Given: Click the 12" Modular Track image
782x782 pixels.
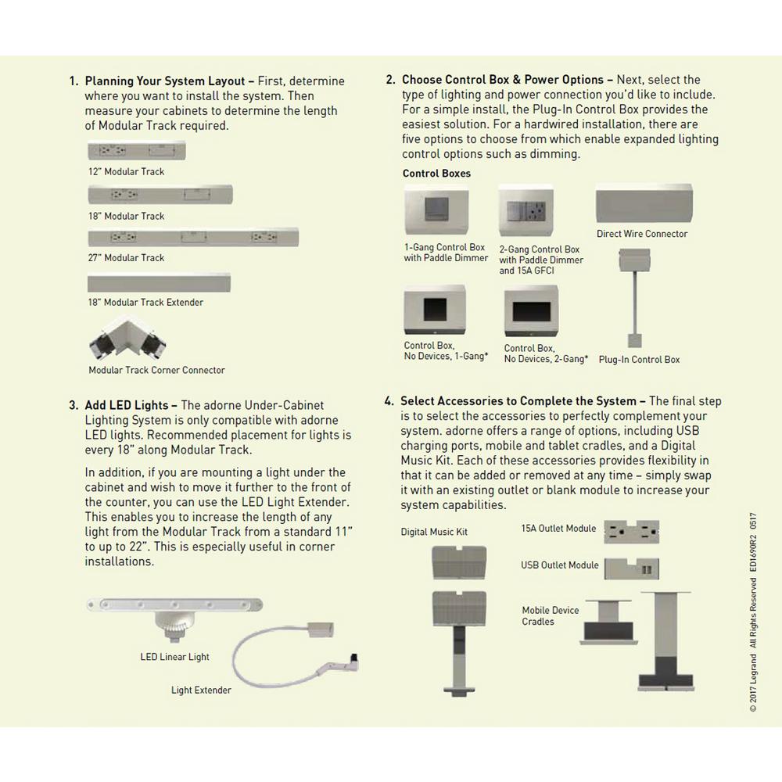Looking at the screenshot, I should [x=137, y=150].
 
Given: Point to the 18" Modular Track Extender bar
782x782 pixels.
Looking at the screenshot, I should [x=160, y=282].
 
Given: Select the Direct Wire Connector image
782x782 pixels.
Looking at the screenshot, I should [x=644, y=203].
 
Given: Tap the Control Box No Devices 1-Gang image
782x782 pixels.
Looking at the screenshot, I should [x=435, y=311].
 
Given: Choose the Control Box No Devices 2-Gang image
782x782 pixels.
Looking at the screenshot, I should [x=531, y=314].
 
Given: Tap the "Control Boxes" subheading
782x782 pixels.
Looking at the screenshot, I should [x=436, y=173].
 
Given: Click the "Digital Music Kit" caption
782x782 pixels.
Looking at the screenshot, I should [x=434, y=532].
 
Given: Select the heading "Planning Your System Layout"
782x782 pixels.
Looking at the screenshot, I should [x=165, y=81].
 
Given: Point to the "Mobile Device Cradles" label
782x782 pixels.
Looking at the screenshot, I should [x=551, y=616].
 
